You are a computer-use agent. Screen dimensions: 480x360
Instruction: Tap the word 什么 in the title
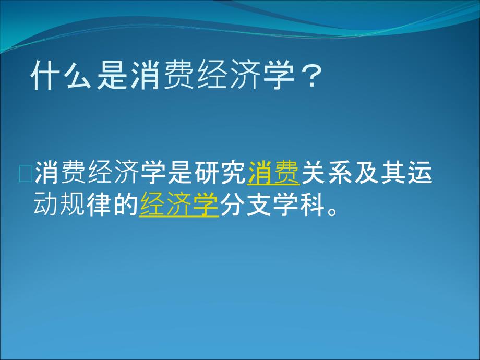pyautogui.click(x=62, y=75)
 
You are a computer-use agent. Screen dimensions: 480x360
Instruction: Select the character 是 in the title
pyautogui.click(x=112, y=75)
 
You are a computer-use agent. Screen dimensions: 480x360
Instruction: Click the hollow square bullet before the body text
pyautogui.click(x=26, y=174)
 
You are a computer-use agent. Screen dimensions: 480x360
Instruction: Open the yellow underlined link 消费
pyautogui.click(x=273, y=173)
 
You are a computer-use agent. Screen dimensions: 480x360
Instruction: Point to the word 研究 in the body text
pyautogui.click(x=220, y=173)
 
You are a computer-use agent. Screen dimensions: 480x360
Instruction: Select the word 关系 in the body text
pyautogui.click(x=327, y=173)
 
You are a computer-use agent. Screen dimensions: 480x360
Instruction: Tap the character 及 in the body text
pyautogui.click(x=366, y=173)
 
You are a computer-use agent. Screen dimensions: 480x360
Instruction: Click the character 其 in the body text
pyautogui.click(x=393, y=173)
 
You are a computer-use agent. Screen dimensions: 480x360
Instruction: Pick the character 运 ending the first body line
pyautogui.click(x=419, y=173)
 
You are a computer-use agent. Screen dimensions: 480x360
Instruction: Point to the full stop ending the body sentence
pyautogui.click(x=332, y=211)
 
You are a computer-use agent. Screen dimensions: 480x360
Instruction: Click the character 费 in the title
pyautogui.click(x=179, y=75)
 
